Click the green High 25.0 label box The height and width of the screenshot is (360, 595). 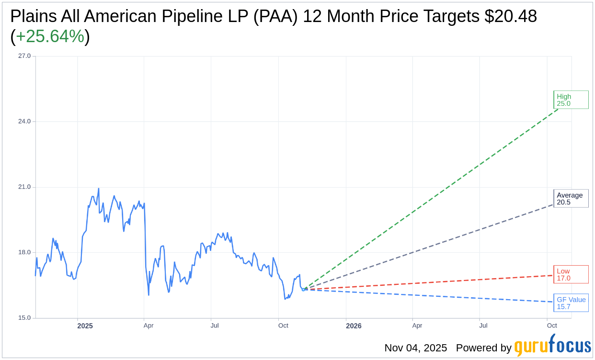571,100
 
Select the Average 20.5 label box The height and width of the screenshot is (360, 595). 571,198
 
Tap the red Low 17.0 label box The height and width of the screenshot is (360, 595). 571,274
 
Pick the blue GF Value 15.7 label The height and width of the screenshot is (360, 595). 571,303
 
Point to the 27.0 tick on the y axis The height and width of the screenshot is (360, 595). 24,56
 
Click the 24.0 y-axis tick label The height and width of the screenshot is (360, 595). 24,121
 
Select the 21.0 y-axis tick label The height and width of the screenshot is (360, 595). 24,187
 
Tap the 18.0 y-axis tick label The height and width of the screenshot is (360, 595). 24,252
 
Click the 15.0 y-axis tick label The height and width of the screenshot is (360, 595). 24,318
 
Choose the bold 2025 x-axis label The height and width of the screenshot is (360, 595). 85,326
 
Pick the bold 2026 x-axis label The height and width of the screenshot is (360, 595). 354,326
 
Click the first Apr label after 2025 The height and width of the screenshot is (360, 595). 149,326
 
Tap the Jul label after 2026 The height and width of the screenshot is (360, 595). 483,326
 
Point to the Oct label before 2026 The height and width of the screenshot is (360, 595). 283,326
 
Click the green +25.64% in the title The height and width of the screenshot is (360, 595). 50,36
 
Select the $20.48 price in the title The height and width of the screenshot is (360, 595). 510,16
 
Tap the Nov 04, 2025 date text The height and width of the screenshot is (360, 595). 415,348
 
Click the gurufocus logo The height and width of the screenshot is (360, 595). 552,346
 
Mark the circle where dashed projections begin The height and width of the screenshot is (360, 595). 303,290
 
